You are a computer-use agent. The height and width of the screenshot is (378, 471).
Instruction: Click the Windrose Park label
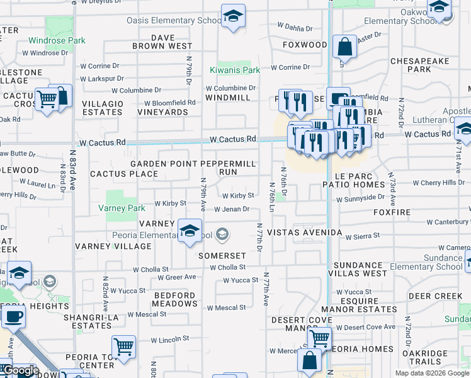pyautogui.click(x=57, y=41)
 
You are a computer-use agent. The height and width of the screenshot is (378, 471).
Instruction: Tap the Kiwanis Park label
pyautogui.click(x=235, y=70)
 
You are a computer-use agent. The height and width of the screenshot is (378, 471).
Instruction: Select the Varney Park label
pyautogui.click(x=122, y=208)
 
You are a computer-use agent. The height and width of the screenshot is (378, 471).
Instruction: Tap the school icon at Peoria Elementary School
pyautogui.click(x=189, y=231)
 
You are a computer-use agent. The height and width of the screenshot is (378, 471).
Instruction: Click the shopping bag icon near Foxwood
pyautogui.click(x=344, y=47)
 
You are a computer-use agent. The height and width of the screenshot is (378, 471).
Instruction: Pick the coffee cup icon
pyautogui.click(x=13, y=317)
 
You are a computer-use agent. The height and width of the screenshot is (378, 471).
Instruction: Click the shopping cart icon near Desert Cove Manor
pyautogui.click(x=320, y=338)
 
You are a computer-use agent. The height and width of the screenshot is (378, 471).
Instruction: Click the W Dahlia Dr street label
pyautogui.click(x=295, y=27)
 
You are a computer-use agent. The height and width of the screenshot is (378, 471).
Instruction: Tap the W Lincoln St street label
pyautogui.click(x=169, y=340)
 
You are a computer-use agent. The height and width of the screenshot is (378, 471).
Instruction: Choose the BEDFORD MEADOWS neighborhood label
pyautogui.click(x=175, y=299)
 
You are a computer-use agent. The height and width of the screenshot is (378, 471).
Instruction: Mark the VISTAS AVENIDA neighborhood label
pyautogui.click(x=304, y=232)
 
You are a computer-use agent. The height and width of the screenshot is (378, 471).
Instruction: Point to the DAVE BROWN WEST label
pyautogui.click(x=162, y=42)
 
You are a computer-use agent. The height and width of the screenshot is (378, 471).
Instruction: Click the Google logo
pyautogui.click(x=21, y=370)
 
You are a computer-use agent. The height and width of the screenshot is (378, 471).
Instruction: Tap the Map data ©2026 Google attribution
pyautogui.click(x=432, y=373)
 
